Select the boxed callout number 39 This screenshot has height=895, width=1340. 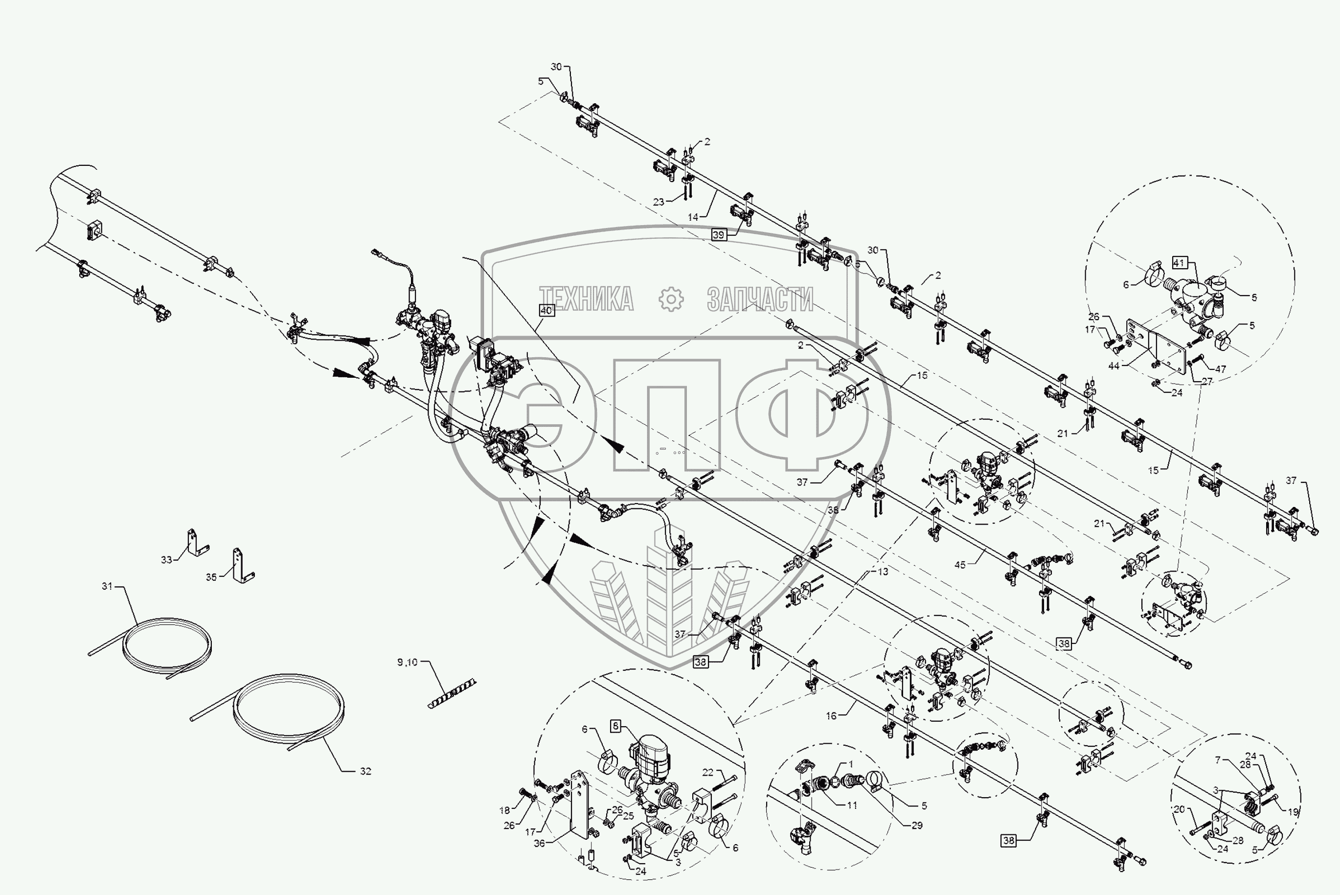point(719,234)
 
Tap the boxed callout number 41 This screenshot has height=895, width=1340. point(1180,263)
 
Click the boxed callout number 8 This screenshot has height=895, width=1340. point(616,727)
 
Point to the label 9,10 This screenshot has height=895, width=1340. point(408,662)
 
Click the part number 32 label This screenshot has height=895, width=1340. point(365,771)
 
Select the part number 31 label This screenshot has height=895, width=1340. point(107,586)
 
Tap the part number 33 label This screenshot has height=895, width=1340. point(166,560)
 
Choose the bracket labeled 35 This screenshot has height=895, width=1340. point(243,566)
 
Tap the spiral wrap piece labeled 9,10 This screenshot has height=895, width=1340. point(452,693)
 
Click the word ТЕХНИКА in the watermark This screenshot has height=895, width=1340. point(587,299)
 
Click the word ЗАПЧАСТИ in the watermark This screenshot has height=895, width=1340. point(760,299)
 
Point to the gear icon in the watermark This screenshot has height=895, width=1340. point(671,299)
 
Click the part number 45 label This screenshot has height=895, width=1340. point(960,565)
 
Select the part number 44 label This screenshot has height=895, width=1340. point(1113,366)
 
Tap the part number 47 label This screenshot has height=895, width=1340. point(1220,369)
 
